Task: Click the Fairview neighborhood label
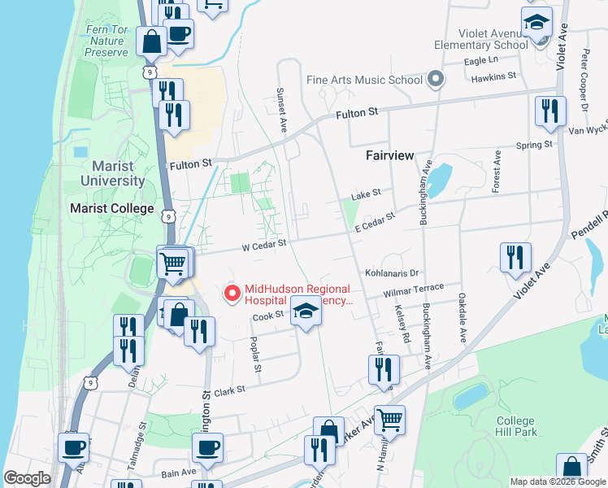pyautogui.click(x=389, y=155)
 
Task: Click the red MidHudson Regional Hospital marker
pyautogui.click(x=232, y=294)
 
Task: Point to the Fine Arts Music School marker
pyautogui.click(x=436, y=80)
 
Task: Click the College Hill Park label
pyautogui.click(x=516, y=426)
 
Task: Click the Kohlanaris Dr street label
pyautogui.click(x=391, y=273)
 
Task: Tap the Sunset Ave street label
pyautogui.click(x=283, y=111)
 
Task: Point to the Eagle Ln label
pyautogui.click(x=480, y=60)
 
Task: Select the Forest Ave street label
pyautogui.click(x=495, y=171)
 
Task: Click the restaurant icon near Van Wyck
pyautogui.click(x=550, y=111)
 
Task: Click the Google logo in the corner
pyautogui.click(x=27, y=478)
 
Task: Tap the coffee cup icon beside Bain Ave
pyautogui.click(x=207, y=447)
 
